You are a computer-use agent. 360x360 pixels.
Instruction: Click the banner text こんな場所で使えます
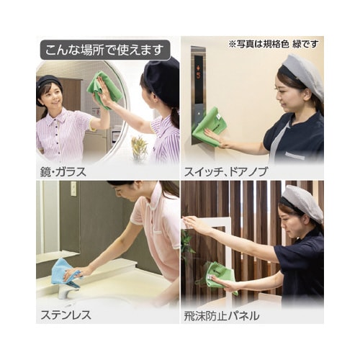point(104,50)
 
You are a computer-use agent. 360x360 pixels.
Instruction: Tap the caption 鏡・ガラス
point(63,172)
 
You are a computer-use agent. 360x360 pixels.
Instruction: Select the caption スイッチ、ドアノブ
point(225,172)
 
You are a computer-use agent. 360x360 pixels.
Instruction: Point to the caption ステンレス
point(66,315)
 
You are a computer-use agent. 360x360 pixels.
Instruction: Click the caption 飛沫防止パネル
point(222,316)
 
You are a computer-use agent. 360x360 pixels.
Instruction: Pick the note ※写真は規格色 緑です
point(274,44)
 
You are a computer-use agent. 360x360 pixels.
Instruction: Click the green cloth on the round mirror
point(104,90)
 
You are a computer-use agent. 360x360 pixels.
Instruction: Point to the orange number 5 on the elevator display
point(198,76)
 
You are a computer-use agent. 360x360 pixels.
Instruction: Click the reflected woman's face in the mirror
point(51,95)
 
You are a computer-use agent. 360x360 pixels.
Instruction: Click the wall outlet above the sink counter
point(73,188)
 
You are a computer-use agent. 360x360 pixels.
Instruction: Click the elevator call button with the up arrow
point(199,113)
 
